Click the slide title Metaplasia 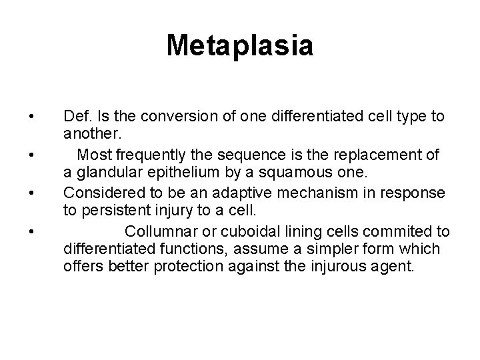(x=240, y=46)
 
